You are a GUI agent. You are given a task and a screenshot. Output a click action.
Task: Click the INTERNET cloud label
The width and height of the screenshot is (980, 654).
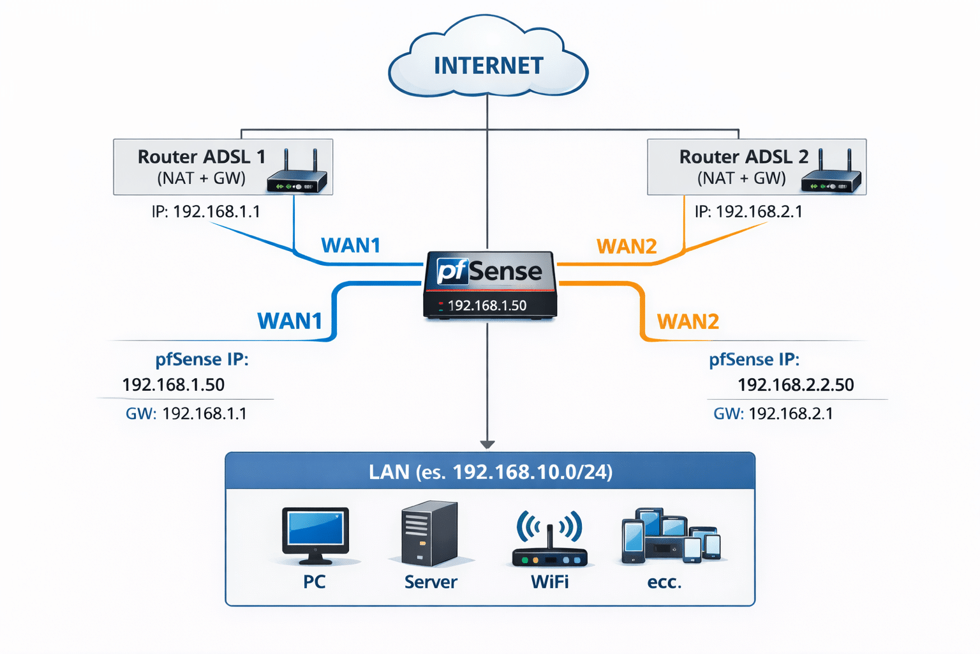point(488,66)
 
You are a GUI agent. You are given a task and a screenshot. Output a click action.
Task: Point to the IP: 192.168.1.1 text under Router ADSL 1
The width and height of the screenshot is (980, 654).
point(205,211)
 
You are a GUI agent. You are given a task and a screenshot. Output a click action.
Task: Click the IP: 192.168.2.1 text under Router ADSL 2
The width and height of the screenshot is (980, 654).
point(748,211)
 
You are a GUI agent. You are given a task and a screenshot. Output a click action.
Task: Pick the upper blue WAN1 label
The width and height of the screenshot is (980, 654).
point(350,245)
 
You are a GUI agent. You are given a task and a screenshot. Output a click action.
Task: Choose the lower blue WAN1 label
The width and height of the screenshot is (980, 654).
point(290,321)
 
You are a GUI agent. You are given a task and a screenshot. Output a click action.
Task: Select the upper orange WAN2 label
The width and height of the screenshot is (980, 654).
point(627,247)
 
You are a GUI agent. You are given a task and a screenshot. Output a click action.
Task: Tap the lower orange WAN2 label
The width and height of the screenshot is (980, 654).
point(688,321)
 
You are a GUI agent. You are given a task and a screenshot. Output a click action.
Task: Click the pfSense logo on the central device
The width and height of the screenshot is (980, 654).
point(489,271)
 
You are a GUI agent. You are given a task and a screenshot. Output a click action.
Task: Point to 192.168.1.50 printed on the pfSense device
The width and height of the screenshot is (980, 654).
point(487,306)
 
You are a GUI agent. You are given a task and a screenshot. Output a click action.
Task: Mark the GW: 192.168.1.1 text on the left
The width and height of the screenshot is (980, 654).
point(186,414)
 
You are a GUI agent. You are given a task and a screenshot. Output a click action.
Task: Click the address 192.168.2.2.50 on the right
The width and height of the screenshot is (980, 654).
point(796,385)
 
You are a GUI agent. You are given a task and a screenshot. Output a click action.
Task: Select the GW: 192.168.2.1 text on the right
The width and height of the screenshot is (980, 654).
point(773,414)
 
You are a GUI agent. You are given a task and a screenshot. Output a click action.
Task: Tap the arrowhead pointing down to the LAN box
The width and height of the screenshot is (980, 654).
point(487,445)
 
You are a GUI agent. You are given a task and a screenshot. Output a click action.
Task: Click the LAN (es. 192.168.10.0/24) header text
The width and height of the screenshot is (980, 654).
point(490,472)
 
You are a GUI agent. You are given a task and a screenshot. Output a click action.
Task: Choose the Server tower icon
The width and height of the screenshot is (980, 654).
point(429,533)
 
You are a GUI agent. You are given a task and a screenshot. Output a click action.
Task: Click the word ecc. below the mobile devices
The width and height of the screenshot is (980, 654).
point(664,582)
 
